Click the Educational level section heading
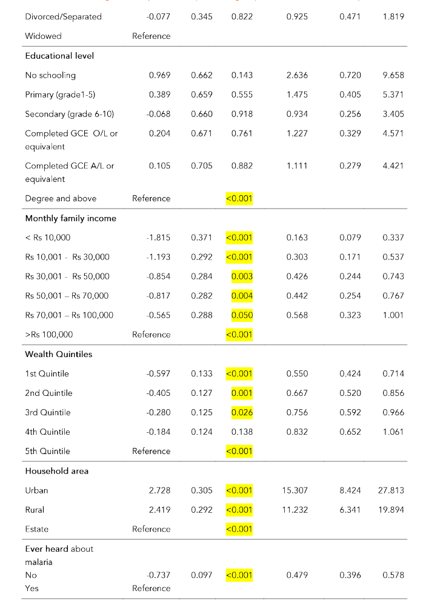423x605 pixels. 59,56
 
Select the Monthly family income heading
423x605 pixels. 70,218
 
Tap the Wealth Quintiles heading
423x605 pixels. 58,354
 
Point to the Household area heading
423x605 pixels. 56,470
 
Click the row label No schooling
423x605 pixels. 50,75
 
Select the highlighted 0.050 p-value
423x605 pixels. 242,315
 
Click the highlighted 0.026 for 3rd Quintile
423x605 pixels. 242,412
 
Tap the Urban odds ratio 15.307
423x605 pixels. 296,490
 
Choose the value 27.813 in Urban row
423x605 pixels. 391,490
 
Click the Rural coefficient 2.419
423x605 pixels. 159,509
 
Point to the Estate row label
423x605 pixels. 36,529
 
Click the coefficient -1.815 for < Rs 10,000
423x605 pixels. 159,238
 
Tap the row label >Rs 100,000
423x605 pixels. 49,335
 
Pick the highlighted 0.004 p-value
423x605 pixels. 242,296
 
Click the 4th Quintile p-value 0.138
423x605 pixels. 242,432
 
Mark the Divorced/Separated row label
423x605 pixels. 63,16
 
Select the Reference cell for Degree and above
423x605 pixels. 151,198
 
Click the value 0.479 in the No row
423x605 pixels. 296,575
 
